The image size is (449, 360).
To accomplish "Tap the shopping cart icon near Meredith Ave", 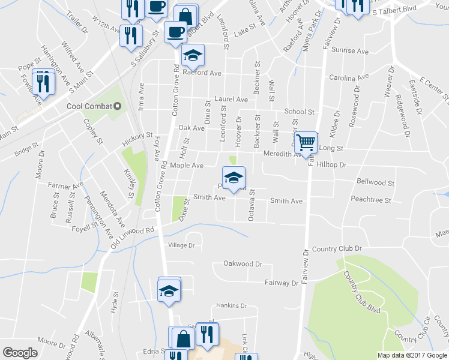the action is click(306, 142).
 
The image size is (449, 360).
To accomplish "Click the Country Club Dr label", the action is click(337, 248).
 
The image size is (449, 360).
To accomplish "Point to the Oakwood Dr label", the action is click(243, 263).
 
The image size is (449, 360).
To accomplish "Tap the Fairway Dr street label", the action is click(282, 283).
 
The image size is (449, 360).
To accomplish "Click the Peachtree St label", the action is click(371, 200).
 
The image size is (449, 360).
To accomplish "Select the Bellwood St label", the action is click(375, 182).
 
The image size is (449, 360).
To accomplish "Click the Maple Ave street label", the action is click(187, 165).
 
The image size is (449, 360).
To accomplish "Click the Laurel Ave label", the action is click(231, 99).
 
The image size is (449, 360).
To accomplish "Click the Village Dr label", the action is click(182, 245).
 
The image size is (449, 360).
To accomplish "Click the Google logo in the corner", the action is click(20, 353).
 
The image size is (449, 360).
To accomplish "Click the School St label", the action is click(299, 112).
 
